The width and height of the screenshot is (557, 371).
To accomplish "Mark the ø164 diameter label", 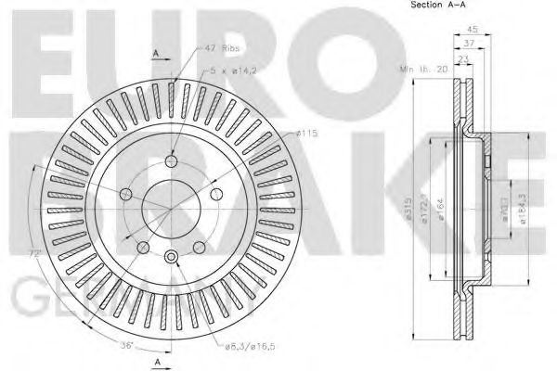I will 443,206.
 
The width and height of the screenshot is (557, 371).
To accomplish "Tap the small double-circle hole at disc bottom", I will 173,259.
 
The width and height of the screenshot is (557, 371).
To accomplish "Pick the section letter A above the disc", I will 157,52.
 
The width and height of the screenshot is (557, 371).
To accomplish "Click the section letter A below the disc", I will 157,359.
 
